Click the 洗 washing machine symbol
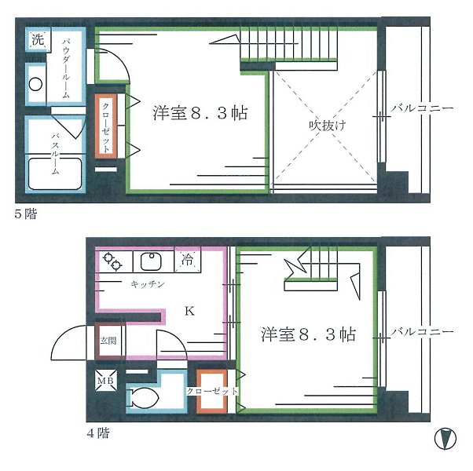tap(38, 39)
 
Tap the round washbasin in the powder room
tap(35, 84)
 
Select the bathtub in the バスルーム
tap(55, 173)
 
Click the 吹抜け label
tap(327, 125)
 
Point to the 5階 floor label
tap(26, 214)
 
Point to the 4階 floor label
tap(98, 433)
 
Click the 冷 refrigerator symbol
tap(187, 260)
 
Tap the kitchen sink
tap(152, 261)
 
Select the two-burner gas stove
tap(112, 261)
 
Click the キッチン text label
tap(148, 284)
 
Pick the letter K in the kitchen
tap(189, 311)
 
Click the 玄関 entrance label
tap(108, 341)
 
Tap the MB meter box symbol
tap(105, 381)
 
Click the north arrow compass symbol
tap(445, 439)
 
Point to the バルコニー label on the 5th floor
tap(422, 108)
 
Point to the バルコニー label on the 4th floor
tap(422, 332)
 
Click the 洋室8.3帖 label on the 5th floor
tap(200, 113)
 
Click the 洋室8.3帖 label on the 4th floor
tap(308, 334)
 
